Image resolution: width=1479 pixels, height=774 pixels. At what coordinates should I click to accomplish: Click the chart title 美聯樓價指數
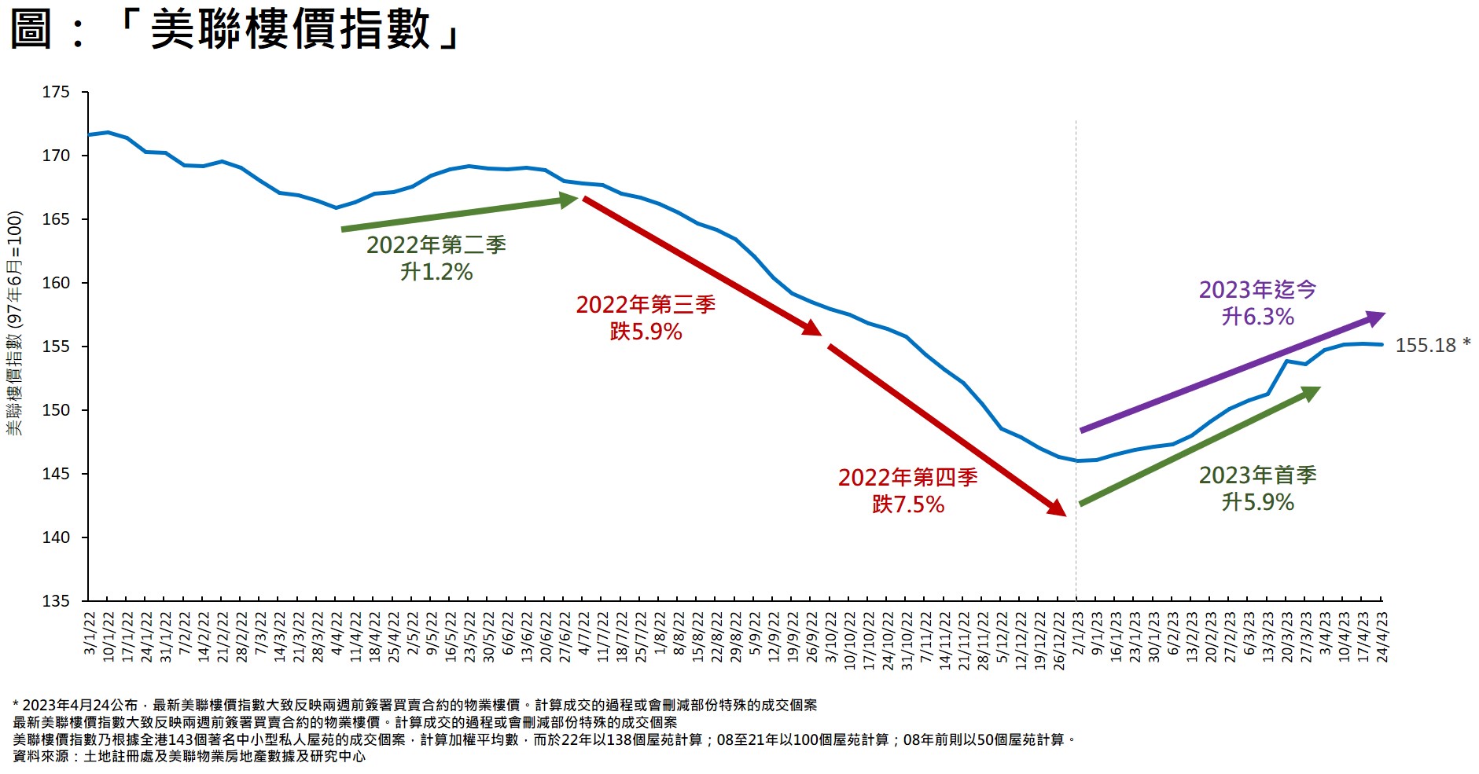click(290, 30)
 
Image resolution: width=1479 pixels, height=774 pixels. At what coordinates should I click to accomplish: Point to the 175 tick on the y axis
click(56, 93)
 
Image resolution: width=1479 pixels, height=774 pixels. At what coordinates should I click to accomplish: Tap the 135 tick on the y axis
click(56, 601)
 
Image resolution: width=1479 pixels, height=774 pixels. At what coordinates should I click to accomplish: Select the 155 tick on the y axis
click(56, 347)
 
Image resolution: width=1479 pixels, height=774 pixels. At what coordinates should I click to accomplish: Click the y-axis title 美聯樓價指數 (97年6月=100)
click(15, 323)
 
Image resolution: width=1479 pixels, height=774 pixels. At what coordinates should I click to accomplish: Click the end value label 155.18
click(1426, 346)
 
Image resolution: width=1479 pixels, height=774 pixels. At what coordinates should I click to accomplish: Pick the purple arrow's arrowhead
click(1375, 317)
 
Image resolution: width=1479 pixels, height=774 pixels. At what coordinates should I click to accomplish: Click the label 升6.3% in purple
click(1257, 317)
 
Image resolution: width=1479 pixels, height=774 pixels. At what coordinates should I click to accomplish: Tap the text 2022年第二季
click(436, 245)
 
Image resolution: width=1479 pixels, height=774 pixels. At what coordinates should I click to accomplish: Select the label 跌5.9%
click(646, 332)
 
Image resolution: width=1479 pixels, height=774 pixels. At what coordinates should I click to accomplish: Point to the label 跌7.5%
click(907, 504)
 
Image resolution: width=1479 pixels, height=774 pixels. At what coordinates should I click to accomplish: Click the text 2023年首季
click(1257, 475)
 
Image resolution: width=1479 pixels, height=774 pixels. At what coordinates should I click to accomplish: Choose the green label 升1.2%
click(436, 272)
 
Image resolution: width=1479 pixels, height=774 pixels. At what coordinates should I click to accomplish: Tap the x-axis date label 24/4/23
click(1382, 637)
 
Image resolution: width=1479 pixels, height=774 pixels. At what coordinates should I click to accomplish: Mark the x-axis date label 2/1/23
click(1077, 634)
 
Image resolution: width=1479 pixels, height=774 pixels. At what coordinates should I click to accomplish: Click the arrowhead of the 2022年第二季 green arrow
click(569, 200)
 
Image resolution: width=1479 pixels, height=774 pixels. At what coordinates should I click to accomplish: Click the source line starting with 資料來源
click(189, 757)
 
